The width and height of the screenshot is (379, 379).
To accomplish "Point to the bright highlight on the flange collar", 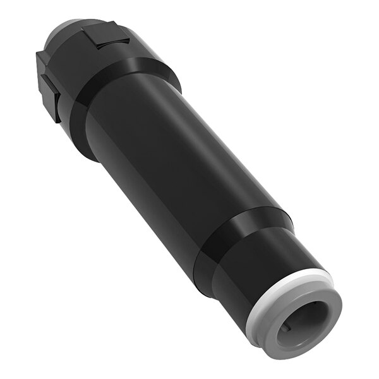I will (148, 63).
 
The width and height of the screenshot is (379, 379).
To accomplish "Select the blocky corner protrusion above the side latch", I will (43, 63).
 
